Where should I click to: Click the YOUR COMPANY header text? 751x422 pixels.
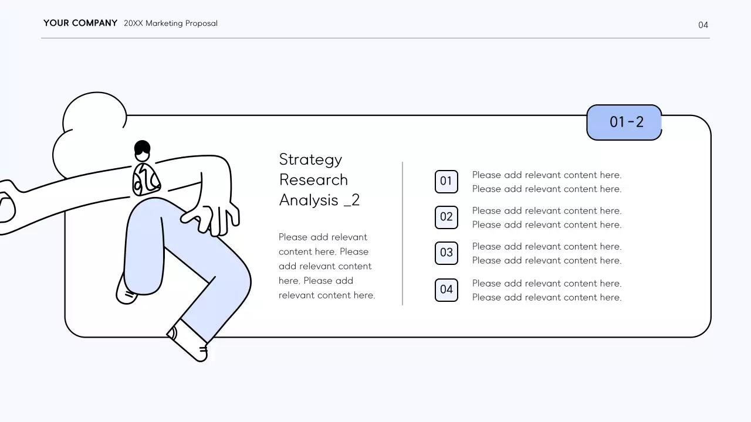80,23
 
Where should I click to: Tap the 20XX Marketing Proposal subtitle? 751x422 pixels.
171,23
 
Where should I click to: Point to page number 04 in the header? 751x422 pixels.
703,25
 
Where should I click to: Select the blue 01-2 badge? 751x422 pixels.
624,122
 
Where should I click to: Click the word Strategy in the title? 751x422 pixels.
310,159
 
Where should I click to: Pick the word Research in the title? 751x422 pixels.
313,179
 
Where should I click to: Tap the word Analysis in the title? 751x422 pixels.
309,200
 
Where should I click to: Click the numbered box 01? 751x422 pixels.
446,181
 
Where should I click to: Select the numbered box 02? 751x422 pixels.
446,217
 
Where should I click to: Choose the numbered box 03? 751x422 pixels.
446,253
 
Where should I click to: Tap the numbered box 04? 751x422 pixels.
446,290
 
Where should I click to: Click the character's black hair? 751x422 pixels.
142,147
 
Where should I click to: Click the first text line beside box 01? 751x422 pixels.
546,175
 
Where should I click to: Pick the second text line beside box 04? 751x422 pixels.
546,297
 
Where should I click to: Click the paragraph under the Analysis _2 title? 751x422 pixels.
326,266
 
